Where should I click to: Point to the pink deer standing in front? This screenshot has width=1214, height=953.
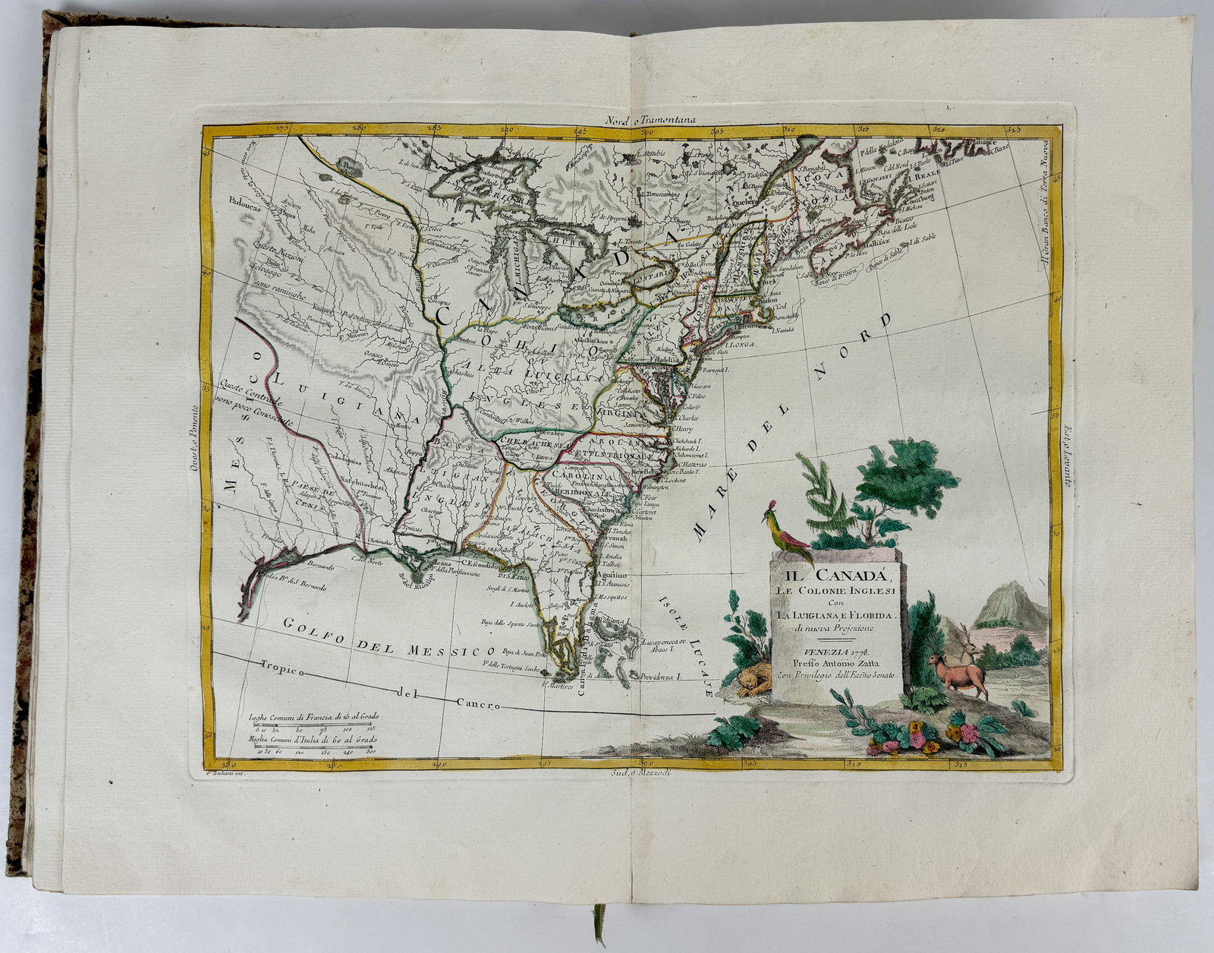click(958, 673)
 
